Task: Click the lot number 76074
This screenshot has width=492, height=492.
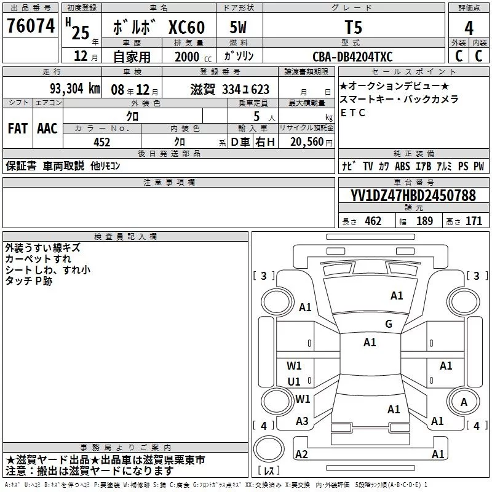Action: (x=31, y=26)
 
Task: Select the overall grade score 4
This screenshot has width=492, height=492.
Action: (x=469, y=28)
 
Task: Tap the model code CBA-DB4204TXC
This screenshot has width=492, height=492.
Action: (x=352, y=57)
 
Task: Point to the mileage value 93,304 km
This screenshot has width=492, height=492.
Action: (x=75, y=89)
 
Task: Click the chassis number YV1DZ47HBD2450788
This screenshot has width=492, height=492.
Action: (x=413, y=195)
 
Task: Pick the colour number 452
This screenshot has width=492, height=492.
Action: (x=101, y=142)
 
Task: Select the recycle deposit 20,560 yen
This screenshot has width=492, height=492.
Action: (x=311, y=142)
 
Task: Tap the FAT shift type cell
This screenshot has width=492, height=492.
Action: (x=18, y=129)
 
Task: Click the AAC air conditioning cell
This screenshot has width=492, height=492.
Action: (x=47, y=129)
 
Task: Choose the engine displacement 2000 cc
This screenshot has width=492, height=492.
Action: (x=193, y=57)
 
